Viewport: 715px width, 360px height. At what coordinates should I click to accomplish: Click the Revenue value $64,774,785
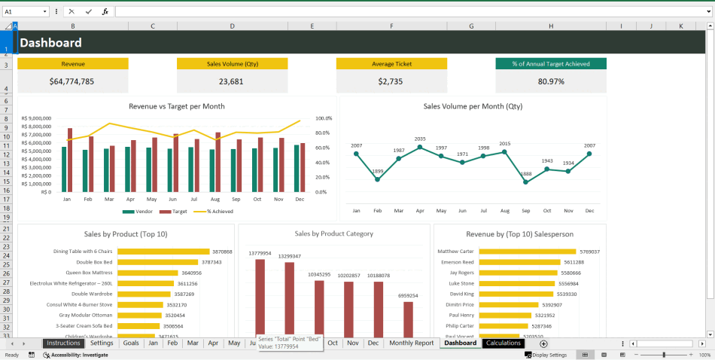point(72,81)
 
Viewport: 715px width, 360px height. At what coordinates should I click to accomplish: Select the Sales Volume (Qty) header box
point(232,64)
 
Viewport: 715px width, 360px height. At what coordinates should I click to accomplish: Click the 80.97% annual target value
point(551,81)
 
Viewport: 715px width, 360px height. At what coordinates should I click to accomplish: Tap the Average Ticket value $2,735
point(391,81)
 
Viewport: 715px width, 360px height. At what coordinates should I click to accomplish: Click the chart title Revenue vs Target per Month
point(177,106)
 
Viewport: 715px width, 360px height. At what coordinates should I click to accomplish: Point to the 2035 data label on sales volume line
point(420,139)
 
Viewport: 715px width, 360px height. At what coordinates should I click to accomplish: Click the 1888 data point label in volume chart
point(526,174)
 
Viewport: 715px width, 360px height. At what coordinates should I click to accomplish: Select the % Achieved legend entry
point(214,212)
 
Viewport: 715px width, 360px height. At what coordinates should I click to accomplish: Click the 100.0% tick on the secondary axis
point(324,118)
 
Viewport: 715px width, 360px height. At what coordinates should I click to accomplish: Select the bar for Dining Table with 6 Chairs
point(163,252)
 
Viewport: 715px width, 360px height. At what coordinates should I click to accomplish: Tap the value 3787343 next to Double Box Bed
point(211,262)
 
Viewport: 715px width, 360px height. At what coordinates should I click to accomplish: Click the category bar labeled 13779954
point(260,297)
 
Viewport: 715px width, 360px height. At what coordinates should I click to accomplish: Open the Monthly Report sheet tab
point(411,343)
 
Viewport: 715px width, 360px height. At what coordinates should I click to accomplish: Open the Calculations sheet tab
point(503,343)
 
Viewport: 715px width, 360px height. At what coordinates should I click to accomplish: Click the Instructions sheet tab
point(62,343)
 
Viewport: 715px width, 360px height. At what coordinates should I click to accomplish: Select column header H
point(551,26)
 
